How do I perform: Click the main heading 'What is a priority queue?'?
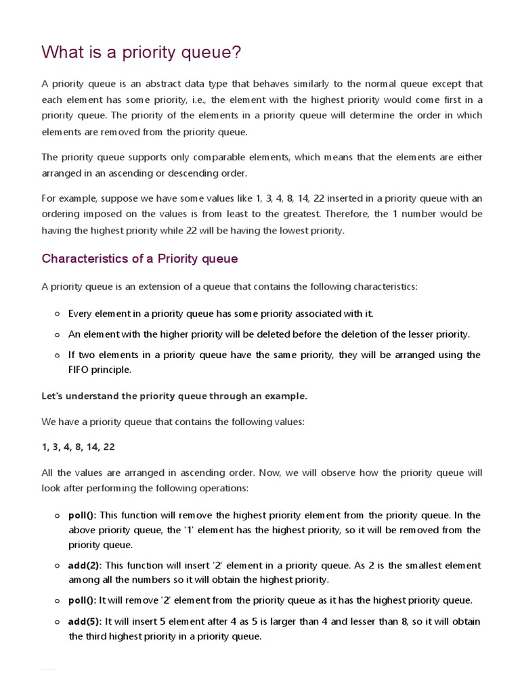[141, 52]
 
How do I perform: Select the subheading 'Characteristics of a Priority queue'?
[139, 259]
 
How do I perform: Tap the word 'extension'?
[155, 287]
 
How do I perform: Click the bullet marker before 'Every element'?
[58, 314]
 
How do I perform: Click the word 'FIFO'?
[80, 370]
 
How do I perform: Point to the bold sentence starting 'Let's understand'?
[175, 396]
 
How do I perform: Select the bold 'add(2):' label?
[86, 565]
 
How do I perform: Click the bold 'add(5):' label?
[86, 621]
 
